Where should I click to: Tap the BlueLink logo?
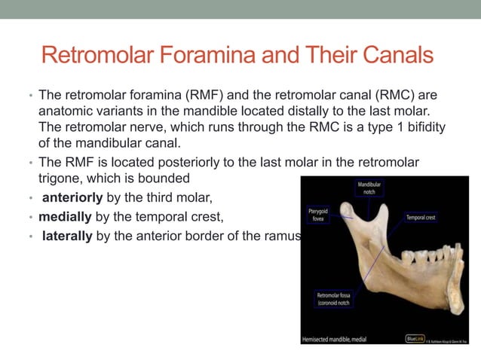coord(414,338)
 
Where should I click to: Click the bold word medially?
coord(65,218)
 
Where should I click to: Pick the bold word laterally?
coord(67,236)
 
